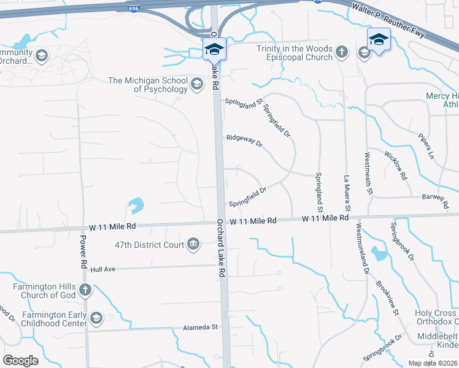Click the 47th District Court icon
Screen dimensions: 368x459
193,245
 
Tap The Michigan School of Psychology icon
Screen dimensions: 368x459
197,85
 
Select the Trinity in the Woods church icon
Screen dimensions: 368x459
342,53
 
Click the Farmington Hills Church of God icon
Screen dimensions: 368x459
85,289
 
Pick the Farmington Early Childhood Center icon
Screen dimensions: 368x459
96,318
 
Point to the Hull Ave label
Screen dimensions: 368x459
103,269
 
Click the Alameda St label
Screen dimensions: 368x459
201,328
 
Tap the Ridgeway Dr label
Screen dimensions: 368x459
244,142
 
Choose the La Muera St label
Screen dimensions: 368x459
347,195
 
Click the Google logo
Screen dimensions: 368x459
21,361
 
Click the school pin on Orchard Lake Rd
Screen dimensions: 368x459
215,48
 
